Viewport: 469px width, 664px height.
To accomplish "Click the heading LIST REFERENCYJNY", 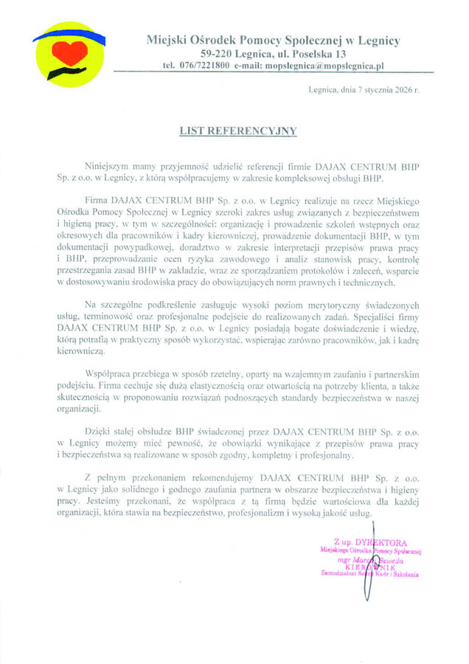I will coord(238,131).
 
